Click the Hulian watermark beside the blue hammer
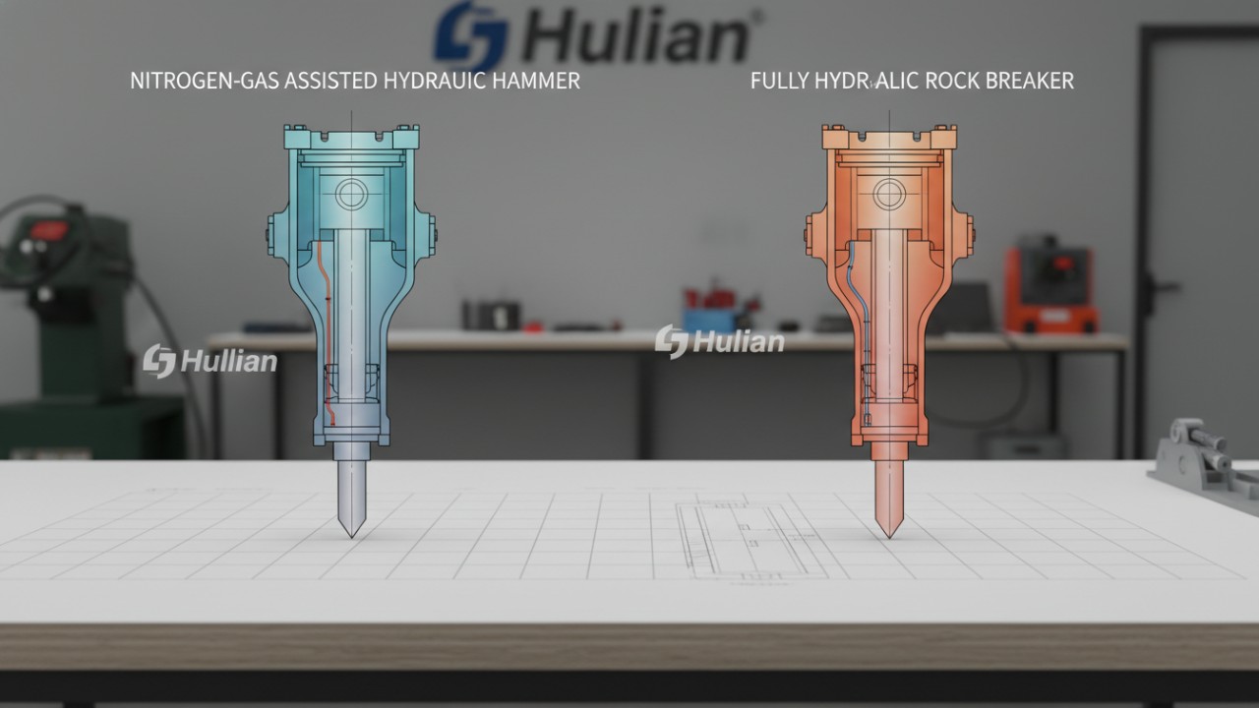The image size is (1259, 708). pos(210,361)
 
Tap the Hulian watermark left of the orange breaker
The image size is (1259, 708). pos(720,341)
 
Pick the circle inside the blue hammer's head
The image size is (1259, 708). pos(351,194)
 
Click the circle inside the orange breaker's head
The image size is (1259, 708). pos(889,193)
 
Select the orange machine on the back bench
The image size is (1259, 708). pos(1049,289)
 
